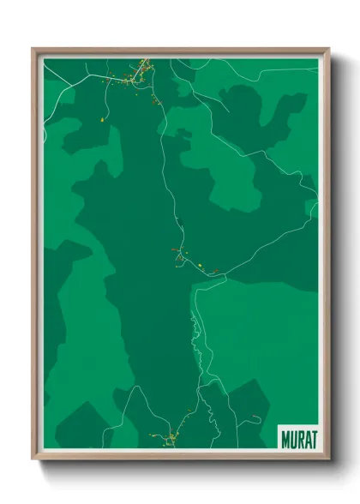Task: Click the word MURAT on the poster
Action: (x=297, y=437)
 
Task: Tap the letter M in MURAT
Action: (x=285, y=437)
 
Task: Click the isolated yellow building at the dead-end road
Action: (x=101, y=120)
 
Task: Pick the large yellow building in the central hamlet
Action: (x=198, y=266)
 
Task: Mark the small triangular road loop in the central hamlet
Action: (x=179, y=255)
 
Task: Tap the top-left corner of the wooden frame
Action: (x=33, y=50)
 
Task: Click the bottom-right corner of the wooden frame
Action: (x=328, y=459)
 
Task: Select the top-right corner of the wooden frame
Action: (x=328, y=50)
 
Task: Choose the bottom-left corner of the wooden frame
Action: (x=33, y=459)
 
